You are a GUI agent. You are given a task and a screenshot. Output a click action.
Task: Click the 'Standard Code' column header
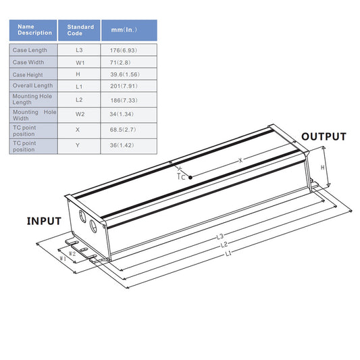tap(80, 30)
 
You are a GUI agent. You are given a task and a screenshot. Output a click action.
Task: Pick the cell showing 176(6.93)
tap(129, 50)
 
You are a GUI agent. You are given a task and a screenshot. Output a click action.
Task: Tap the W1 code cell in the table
tap(80, 62)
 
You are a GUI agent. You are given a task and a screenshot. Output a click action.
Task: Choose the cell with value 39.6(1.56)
tap(129, 74)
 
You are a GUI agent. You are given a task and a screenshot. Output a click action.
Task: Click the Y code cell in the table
tap(80, 145)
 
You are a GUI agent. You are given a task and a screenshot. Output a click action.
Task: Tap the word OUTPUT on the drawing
tap(324, 137)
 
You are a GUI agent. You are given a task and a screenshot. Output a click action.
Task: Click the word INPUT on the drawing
tap(44, 221)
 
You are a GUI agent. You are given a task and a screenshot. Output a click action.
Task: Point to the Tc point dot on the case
tap(191, 177)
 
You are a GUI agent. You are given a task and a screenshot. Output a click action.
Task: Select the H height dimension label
tap(323, 168)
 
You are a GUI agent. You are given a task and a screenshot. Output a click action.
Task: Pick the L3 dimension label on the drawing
tap(220, 236)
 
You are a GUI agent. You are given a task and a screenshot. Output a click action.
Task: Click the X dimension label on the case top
tap(240, 161)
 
